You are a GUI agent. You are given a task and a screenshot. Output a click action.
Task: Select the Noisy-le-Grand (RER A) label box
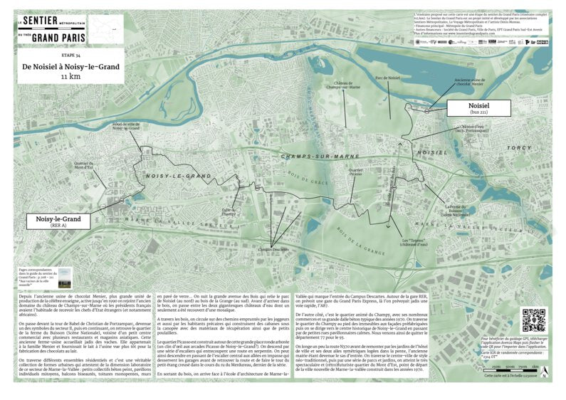click(58, 221)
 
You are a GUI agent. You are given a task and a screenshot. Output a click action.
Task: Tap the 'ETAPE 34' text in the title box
click(70, 55)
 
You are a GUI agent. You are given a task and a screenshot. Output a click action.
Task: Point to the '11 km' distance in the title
click(70, 75)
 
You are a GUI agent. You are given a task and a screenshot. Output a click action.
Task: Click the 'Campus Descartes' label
click(273, 250)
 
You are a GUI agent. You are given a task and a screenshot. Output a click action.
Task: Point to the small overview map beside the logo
click(105, 28)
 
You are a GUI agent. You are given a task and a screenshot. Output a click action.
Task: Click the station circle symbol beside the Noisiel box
click(427, 111)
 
